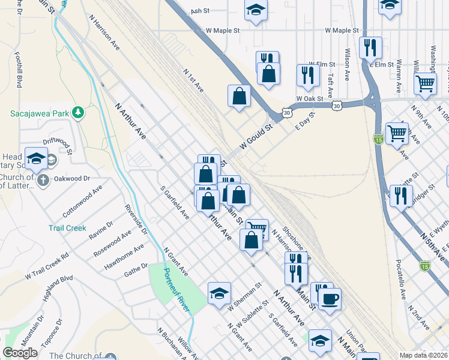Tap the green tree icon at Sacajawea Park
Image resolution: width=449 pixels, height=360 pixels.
[x=77, y=112]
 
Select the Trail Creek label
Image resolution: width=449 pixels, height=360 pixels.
[x=67, y=228]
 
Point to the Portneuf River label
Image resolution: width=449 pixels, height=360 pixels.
[x=177, y=290]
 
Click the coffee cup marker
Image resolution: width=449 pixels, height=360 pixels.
[x=330, y=298]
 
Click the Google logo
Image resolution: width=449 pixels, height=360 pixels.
[x=20, y=352]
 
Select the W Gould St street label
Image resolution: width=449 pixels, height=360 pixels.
[x=256, y=136]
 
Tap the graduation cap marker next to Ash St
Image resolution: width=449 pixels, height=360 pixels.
[x=256, y=11]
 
